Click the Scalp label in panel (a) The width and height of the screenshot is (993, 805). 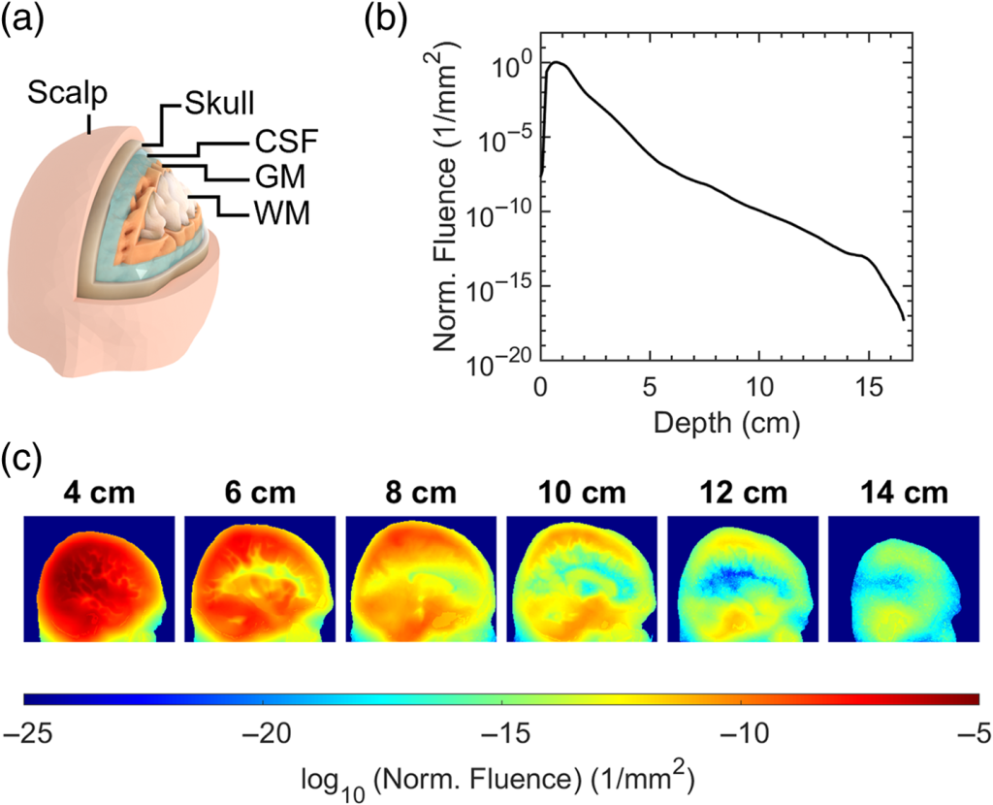(67, 94)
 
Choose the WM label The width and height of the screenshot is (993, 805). (278, 211)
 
